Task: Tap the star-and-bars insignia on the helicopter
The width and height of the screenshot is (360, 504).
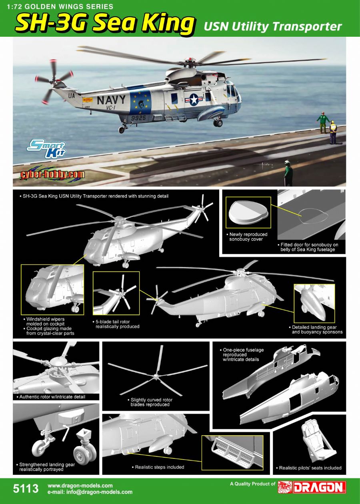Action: [x=193, y=100]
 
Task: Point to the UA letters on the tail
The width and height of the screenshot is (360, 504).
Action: [x=72, y=96]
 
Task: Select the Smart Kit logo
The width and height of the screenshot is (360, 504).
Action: [x=46, y=149]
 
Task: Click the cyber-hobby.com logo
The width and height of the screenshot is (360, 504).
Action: [x=52, y=174]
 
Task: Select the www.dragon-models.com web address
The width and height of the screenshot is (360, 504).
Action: [x=80, y=486]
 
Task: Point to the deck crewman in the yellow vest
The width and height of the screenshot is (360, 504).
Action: [x=332, y=132]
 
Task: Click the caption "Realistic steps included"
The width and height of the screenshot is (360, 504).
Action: [x=159, y=467]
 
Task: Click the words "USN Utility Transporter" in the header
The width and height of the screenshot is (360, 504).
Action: [x=273, y=26]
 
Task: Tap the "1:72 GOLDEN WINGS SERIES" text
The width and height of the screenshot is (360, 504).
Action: [x=60, y=6]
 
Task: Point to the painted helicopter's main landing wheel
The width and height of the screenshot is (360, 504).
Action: [x=218, y=123]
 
